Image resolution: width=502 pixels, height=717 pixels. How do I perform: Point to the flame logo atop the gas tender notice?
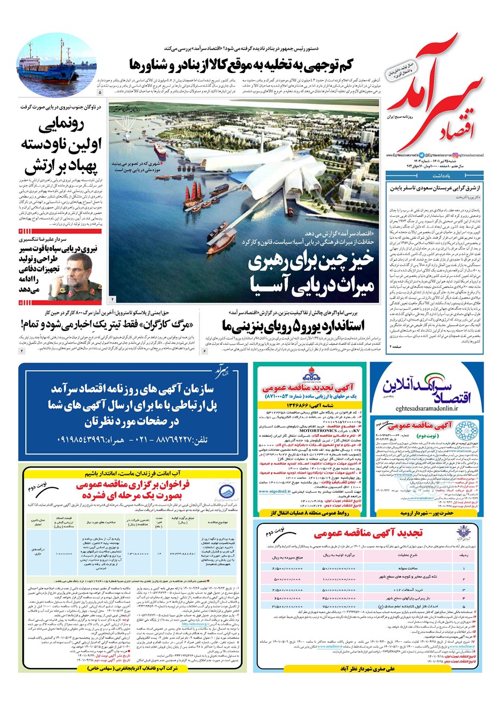tap(310, 372)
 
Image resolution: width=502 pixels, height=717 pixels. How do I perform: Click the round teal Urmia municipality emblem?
tap(463, 430)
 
